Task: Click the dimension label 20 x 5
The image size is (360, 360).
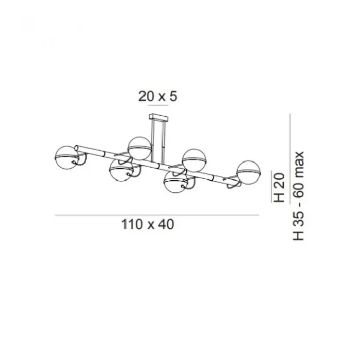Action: (158, 96)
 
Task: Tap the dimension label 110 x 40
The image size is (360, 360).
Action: (148, 224)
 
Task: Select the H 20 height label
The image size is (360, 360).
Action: (279, 188)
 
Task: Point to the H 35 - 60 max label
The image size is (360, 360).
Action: (298, 196)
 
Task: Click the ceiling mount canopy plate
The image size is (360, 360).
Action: (158, 118)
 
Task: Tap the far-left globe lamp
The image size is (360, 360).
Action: (66, 157)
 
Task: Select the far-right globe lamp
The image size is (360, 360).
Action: (248, 172)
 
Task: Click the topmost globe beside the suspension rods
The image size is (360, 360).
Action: (139, 148)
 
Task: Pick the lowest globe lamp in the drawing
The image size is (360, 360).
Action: (176, 183)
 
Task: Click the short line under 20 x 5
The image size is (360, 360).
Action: (158, 105)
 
